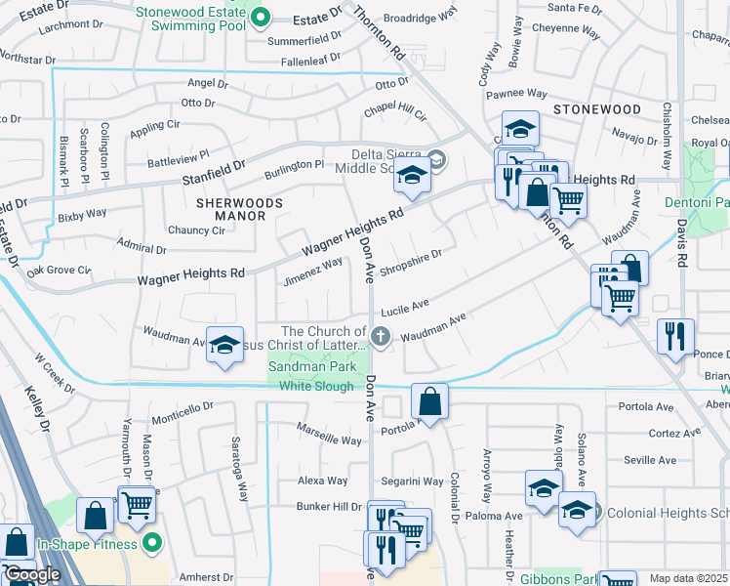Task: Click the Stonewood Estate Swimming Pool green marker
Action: (259, 17)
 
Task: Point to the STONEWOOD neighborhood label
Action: (596, 110)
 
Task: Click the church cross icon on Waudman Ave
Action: (381, 337)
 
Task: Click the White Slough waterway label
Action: (315, 387)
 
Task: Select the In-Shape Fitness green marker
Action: (151, 542)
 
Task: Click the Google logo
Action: (32, 574)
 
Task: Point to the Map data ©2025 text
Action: (689, 578)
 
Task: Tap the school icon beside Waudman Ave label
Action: (224, 345)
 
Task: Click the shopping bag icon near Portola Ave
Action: (429, 400)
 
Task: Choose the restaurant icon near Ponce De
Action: (675, 337)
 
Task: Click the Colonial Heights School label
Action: (668, 513)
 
